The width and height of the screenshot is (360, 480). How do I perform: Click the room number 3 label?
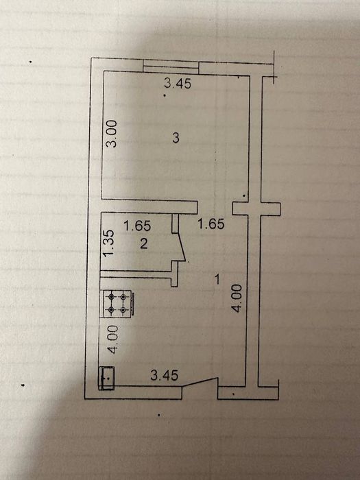(176, 138)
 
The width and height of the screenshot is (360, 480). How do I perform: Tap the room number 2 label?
(143, 243)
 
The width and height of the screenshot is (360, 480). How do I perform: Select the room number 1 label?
(217, 279)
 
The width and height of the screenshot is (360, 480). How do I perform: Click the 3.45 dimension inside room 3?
(178, 83)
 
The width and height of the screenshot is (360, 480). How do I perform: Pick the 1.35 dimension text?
(108, 243)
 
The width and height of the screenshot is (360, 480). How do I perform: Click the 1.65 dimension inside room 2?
(137, 226)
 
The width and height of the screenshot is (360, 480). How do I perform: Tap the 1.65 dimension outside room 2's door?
(211, 224)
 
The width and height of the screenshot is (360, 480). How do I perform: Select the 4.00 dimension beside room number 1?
(237, 298)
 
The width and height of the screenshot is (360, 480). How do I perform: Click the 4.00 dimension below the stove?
(112, 339)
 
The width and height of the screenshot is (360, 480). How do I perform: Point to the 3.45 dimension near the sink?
(165, 375)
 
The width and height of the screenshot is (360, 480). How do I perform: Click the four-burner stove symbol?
(117, 303)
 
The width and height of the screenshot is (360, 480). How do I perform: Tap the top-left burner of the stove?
(111, 296)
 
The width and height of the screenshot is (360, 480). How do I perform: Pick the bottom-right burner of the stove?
(123, 310)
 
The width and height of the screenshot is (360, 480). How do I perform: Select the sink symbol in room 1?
(106, 378)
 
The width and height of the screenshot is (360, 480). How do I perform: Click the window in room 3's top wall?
(171, 67)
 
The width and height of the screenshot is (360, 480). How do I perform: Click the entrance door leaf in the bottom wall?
(200, 383)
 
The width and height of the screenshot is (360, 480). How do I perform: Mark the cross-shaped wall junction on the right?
(256, 208)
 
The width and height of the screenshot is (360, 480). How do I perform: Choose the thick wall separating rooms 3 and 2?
(149, 206)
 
